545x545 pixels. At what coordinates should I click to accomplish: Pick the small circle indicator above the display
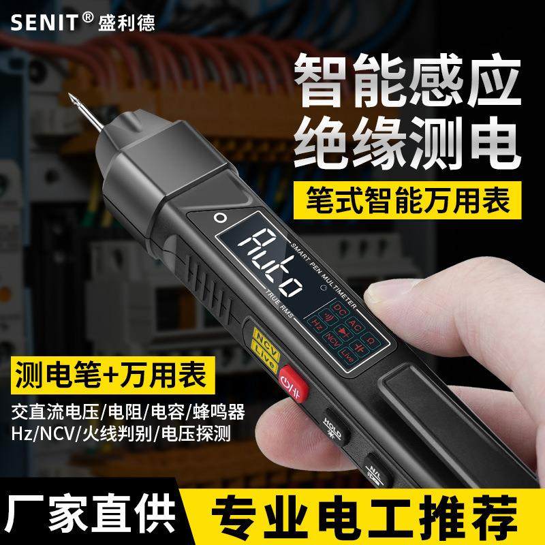tap(219, 218)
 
